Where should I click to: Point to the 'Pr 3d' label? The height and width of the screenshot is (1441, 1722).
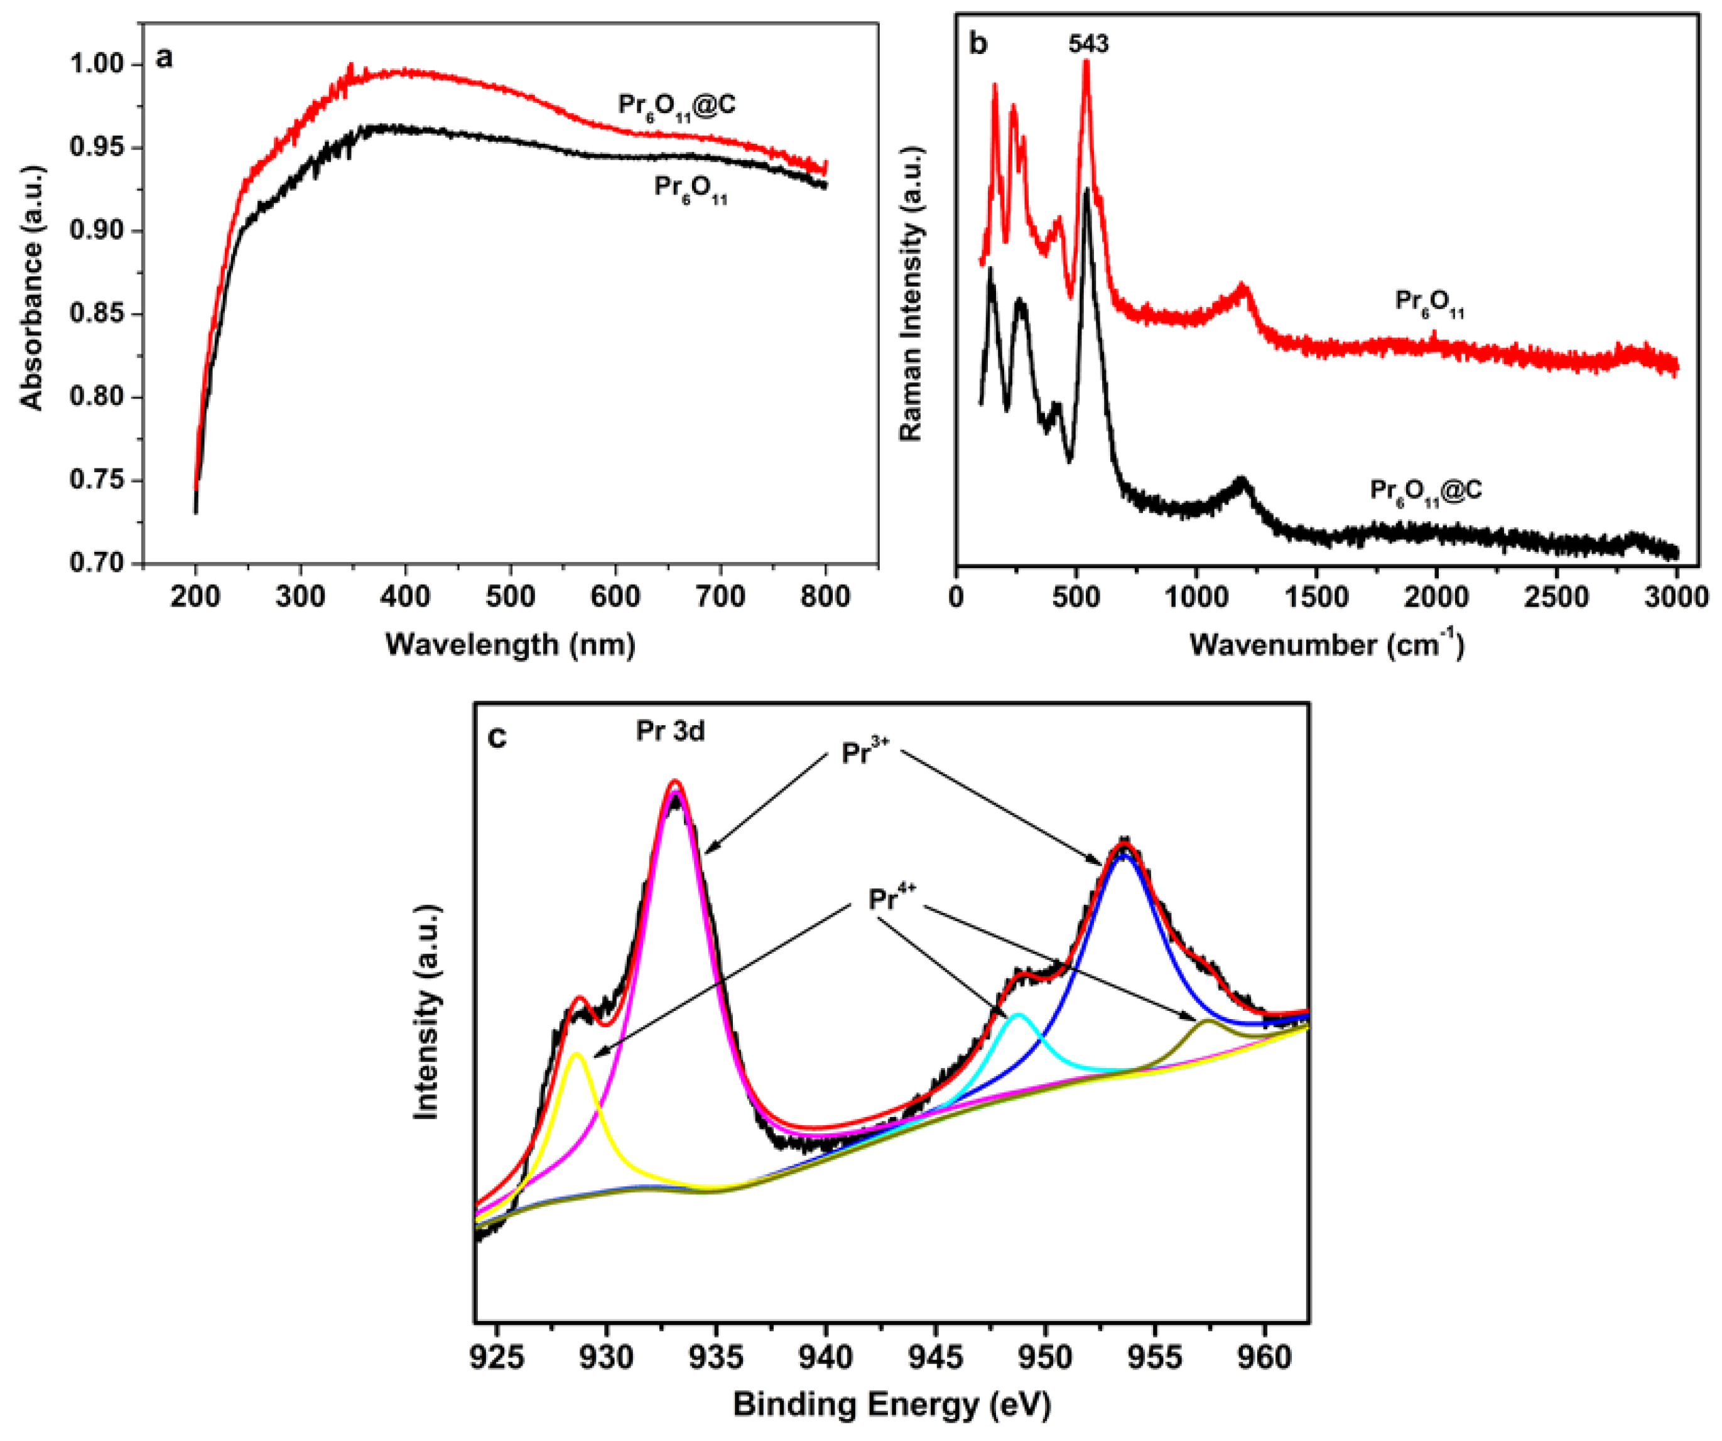[x=670, y=730]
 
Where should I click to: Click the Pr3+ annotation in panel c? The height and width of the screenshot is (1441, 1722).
[x=864, y=752]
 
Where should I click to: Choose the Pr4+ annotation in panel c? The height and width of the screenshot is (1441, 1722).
[x=891, y=899]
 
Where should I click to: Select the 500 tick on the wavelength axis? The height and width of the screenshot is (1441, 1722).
[x=510, y=596]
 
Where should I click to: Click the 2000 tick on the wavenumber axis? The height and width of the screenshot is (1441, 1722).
[x=1436, y=596]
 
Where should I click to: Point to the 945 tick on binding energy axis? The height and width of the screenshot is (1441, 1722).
[x=935, y=1357]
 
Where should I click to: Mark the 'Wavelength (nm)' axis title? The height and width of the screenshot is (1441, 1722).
[x=510, y=644]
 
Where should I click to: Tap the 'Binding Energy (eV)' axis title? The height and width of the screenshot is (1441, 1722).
[x=891, y=1405]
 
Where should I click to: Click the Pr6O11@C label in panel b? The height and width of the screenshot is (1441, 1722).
[x=1425, y=492]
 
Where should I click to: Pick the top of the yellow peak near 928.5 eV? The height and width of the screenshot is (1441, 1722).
[x=577, y=1054]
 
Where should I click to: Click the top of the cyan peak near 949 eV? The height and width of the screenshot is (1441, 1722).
[x=1019, y=1015]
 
